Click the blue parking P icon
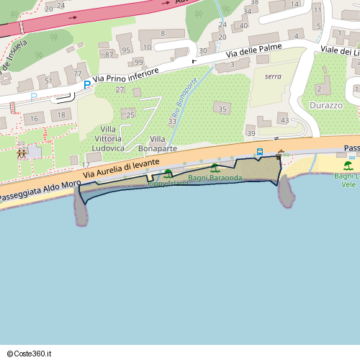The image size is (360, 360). [x=87, y=85]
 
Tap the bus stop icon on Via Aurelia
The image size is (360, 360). [x=260, y=151]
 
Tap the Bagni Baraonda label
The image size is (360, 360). [x=215, y=177]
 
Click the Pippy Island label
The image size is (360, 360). [x=168, y=184]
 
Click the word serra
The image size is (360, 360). [x=273, y=76]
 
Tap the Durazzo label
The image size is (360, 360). [x=325, y=104]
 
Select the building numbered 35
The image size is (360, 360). [x=222, y=109]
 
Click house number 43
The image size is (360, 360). [x=284, y=120]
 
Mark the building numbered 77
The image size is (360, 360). [x=77, y=73]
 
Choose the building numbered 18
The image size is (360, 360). [x=61, y=115]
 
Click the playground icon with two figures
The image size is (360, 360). [x=22, y=153]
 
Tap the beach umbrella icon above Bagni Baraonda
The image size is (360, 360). [x=215, y=168]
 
